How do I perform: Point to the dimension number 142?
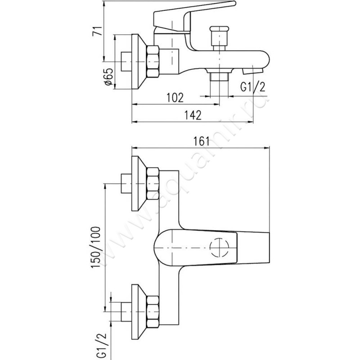[192, 115]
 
